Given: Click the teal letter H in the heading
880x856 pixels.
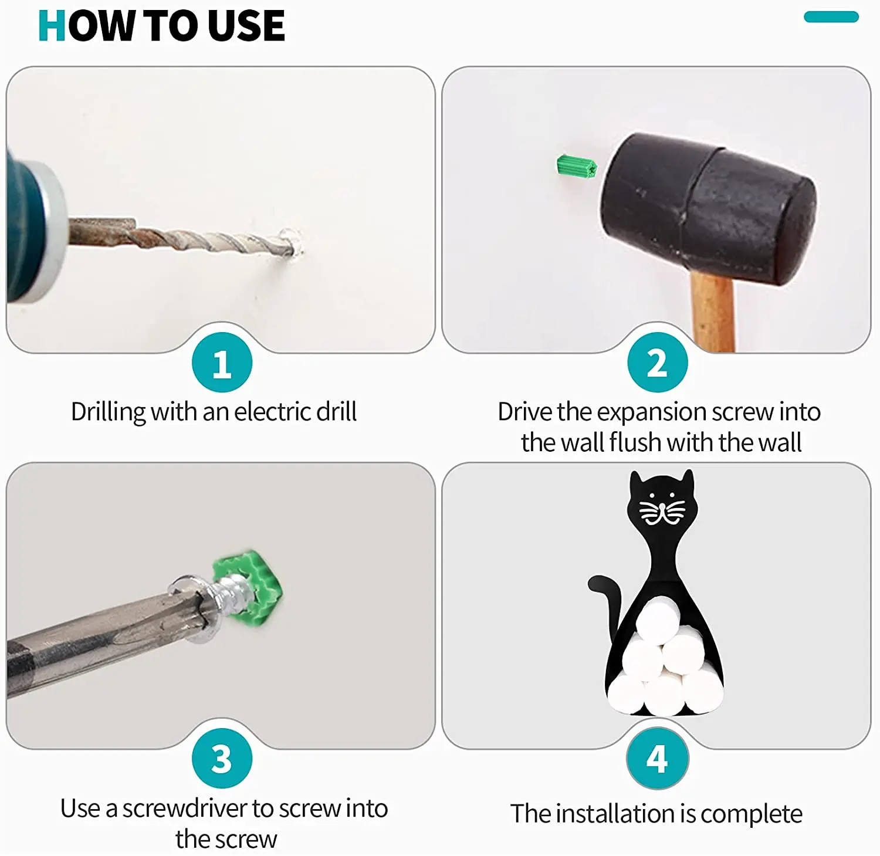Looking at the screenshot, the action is pyautogui.click(x=52, y=26).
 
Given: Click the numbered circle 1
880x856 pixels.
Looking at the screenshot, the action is pyautogui.click(x=222, y=363).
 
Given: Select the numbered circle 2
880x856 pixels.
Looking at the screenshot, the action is pyautogui.click(x=657, y=363).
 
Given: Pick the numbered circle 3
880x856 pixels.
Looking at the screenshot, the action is pyautogui.click(x=222, y=758).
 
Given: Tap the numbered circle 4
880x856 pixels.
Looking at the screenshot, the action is pyautogui.click(x=657, y=758).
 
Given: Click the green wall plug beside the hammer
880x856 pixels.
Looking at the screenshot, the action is pyautogui.click(x=576, y=167).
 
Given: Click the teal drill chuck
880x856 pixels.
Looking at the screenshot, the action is pyautogui.click(x=32, y=229).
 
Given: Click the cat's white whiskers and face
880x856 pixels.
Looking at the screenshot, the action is pyautogui.click(x=662, y=509).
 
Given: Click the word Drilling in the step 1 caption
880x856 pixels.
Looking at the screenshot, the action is pyautogui.click(x=109, y=412).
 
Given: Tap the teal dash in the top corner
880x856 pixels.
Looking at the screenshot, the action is pyautogui.click(x=831, y=17).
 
